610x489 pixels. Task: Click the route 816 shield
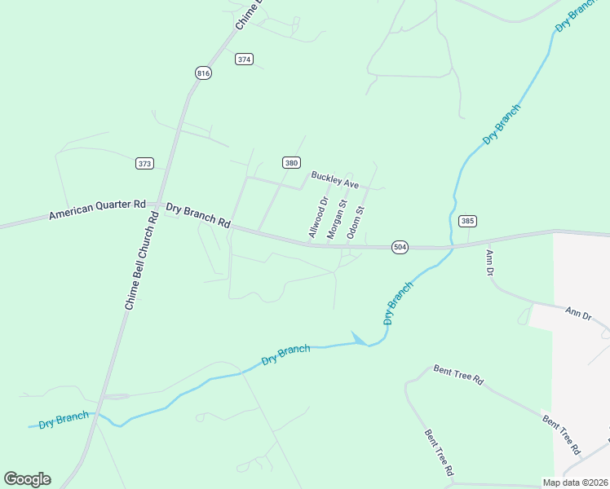(203, 73)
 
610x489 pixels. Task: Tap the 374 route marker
(244, 59)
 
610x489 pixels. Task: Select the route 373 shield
(144, 164)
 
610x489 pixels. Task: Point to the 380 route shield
(291, 162)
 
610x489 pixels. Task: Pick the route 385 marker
(467, 221)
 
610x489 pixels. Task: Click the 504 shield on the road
(399, 247)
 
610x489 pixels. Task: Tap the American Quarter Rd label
(96, 209)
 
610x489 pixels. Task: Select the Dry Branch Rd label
(198, 215)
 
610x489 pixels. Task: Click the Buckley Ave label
(334, 180)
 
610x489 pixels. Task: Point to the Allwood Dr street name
(318, 218)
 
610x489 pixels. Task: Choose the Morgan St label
(337, 218)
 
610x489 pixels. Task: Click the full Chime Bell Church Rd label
(141, 261)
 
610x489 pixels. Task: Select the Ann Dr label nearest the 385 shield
(489, 262)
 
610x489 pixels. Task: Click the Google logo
(27, 479)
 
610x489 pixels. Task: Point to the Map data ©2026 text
(575, 482)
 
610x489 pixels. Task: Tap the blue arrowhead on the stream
(357, 337)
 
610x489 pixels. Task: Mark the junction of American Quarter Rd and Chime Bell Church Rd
(159, 205)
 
